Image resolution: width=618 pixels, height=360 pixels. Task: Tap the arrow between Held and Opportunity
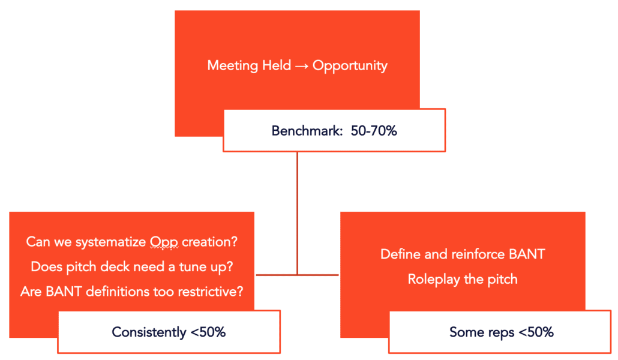[x=302, y=66]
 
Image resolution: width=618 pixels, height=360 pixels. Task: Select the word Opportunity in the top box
[x=350, y=66]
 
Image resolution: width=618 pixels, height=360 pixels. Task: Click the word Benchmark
[x=307, y=131]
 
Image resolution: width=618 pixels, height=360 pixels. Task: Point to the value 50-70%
[x=374, y=131]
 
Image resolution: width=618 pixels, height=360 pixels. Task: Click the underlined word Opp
[x=164, y=242]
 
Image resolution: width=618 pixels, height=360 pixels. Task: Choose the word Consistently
[x=149, y=332]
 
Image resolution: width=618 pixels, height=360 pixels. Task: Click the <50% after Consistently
[x=208, y=332]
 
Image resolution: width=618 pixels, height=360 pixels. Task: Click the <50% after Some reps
[x=536, y=332]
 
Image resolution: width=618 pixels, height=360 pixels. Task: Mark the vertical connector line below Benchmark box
[x=297, y=214]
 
